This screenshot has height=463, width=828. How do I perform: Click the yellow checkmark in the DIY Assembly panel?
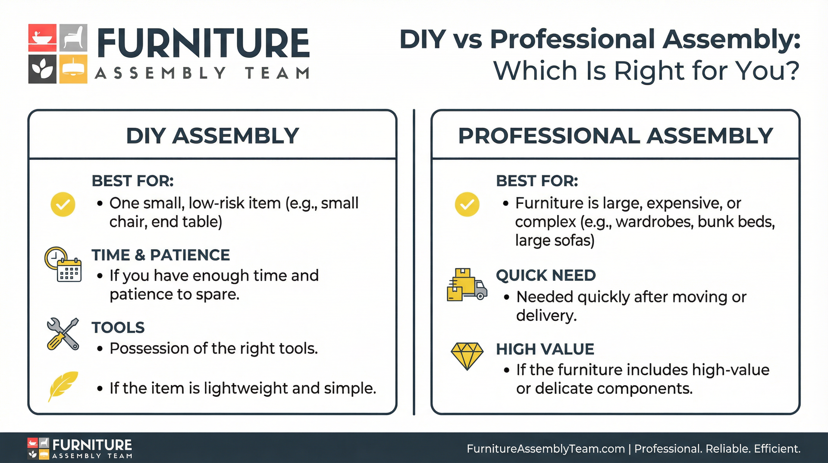click(63, 204)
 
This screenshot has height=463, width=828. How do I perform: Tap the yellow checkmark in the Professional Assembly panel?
click(467, 204)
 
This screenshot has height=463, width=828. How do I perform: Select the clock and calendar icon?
click(63, 264)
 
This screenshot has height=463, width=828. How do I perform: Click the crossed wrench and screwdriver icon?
click(63, 334)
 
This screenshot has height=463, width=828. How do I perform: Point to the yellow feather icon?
click(63, 385)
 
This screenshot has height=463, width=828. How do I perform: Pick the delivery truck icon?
click(467, 285)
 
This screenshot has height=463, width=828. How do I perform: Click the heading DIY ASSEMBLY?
click(212, 136)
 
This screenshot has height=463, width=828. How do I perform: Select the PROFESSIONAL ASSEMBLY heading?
click(615, 136)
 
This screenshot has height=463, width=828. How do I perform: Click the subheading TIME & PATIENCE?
click(160, 255)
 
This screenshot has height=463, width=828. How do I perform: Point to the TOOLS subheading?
click(118, 328)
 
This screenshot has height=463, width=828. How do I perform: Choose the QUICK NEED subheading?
click(546, 276)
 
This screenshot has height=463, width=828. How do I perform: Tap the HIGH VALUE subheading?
click(545, 349)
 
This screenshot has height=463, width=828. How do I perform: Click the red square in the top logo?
click(42, 38)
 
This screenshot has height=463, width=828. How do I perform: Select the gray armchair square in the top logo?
click(73, 38)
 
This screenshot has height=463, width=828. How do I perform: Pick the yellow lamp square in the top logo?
click(73, 69)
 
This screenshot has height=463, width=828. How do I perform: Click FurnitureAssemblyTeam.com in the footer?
click(546, 449)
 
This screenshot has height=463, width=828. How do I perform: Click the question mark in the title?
click(791, 70)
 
